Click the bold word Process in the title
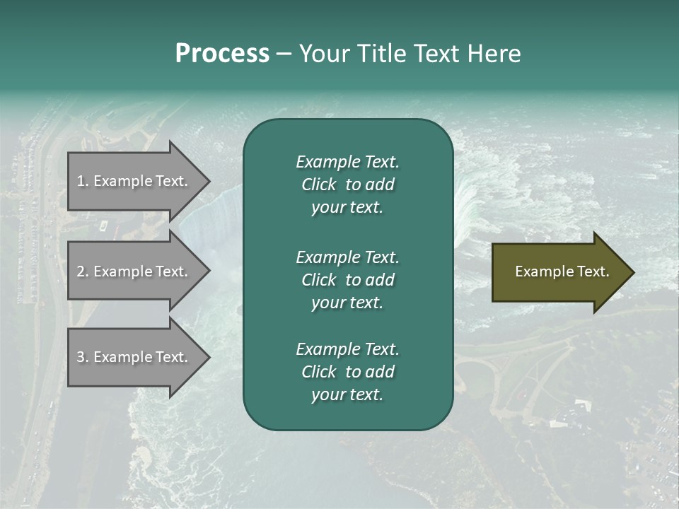point(222,54)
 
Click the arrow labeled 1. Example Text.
point(134,181)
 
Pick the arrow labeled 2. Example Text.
point(134,271)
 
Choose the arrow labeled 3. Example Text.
point(134,357)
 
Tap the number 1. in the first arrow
point(83,181)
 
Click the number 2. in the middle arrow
point(83,271)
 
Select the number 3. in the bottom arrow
point(83,357)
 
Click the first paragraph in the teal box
point(347,185)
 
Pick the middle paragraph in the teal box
point(347,279)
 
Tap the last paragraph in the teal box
point(347,372)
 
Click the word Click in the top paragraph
point(319,185)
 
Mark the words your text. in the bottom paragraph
point(347,395)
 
